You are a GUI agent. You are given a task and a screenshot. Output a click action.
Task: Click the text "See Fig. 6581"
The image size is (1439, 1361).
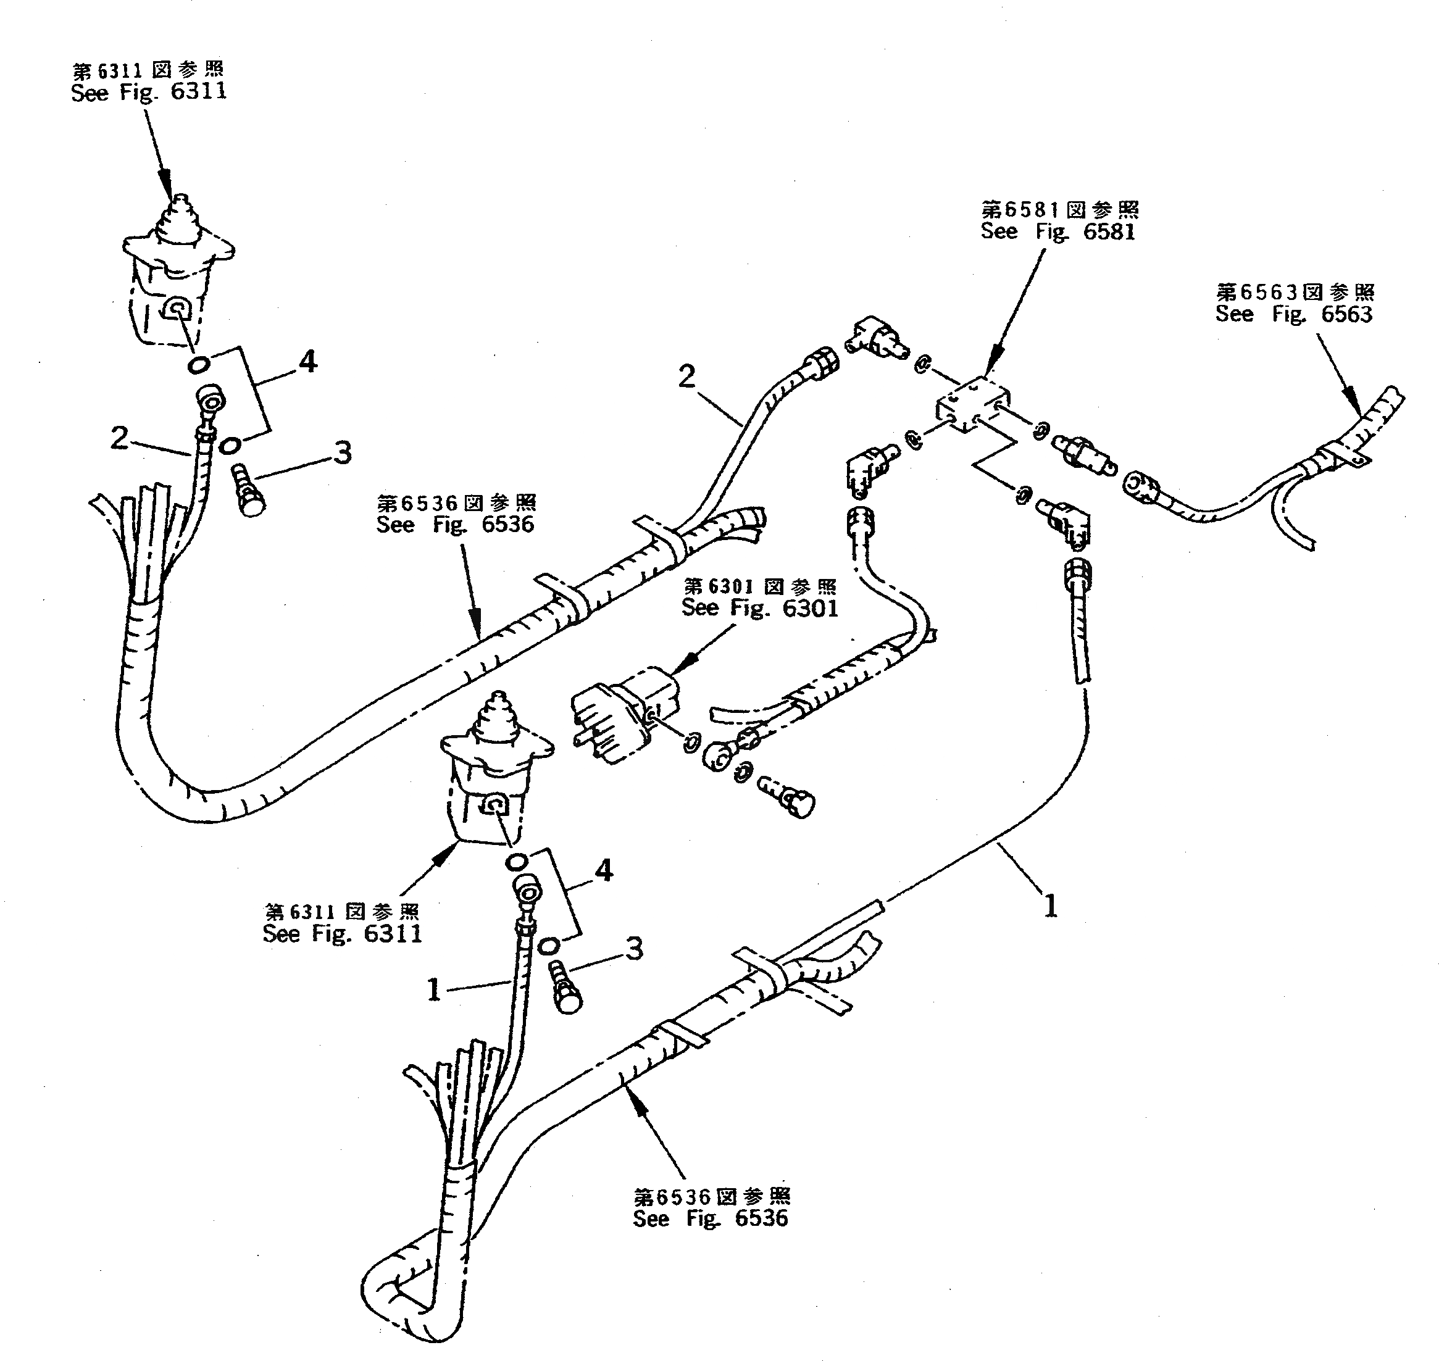coord(1057,232)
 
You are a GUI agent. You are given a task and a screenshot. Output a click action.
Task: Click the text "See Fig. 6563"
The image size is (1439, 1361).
coord(1294,315)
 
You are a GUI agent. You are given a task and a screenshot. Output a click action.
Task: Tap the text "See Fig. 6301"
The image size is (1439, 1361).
coord(759,608)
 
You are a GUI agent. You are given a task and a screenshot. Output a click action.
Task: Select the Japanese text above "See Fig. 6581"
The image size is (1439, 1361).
coord(1059,210)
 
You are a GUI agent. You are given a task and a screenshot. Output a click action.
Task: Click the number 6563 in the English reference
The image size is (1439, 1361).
coord(1347,315)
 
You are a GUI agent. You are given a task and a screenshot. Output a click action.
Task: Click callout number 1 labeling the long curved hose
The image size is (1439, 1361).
coord(1050,905)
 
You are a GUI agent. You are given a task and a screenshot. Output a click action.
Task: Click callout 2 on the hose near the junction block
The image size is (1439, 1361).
coord(686,376)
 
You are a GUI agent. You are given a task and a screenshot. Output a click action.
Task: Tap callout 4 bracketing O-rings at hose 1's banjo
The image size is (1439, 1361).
coord(604,870)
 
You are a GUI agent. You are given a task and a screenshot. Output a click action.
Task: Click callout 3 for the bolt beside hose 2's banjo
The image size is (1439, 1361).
coord(342,452)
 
